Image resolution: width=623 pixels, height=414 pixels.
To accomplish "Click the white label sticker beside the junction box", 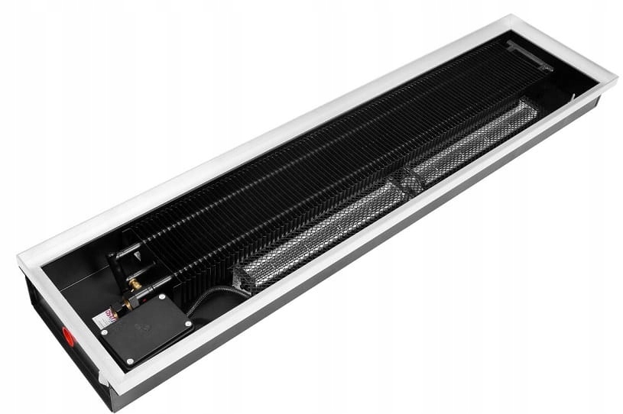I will (106, 318).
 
